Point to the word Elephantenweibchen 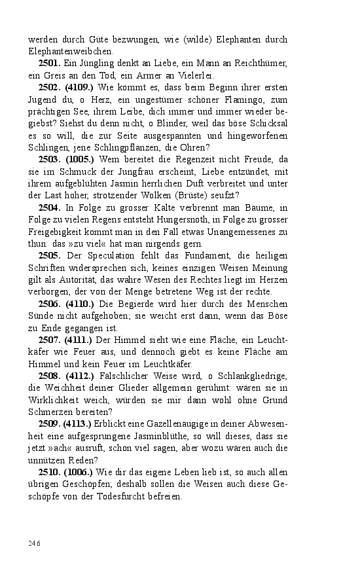click(71, 51)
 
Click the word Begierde click(137, 304)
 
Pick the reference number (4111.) click(79, 339)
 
